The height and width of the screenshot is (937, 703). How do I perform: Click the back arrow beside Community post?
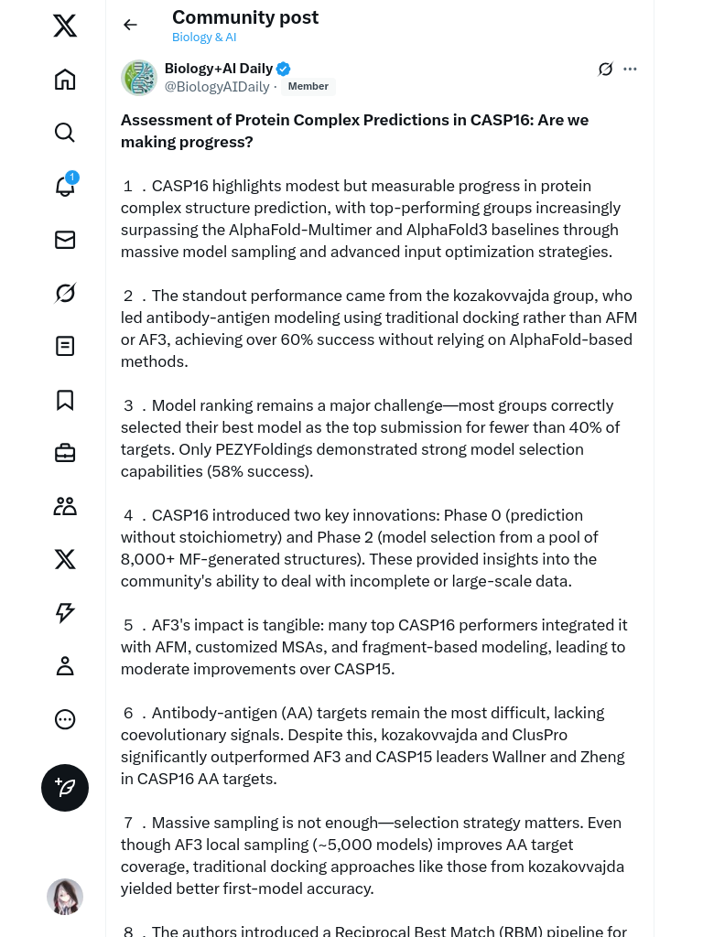click(x=131, y=25)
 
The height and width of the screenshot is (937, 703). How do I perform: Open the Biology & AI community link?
click(x=204, y=38)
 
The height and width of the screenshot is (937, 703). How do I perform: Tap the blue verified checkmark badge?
click(x=284, y=69)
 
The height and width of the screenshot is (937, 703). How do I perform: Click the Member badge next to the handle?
click(x=308, y=86)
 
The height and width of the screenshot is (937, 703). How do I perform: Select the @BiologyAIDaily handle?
click(x=217, y=87)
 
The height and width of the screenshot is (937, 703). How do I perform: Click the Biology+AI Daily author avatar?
click(x=139, y=78)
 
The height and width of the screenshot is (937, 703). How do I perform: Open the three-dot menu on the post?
click(x=630, y=69)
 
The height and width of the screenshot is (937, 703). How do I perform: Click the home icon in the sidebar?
click(x=65, y=80)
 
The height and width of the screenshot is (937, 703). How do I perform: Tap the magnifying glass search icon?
click(x=65, y=133)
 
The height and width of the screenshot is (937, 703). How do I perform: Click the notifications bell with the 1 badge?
click(x=65, y=186)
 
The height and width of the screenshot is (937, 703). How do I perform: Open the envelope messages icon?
click(x=65, y=240)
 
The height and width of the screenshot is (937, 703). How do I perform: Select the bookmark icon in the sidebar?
click(x=65, y=400)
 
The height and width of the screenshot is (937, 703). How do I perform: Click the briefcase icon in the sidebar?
click(x=65, y=453)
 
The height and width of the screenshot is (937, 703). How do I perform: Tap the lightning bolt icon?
click(x=65, y=613)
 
